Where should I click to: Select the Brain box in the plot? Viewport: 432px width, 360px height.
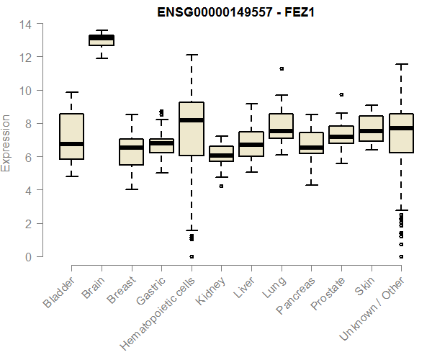point(101,40)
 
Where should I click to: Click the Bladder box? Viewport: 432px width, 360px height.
point(71,136)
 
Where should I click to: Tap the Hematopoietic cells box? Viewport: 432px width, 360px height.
point(191,130)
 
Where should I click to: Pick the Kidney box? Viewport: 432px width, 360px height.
point(221,153)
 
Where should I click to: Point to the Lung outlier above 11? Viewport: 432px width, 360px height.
point(281,69)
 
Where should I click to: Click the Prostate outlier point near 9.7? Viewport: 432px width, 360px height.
point(341,94)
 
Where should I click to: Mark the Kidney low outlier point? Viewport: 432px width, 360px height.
point(221,186)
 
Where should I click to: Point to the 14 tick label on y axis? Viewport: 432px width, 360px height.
point(25,24)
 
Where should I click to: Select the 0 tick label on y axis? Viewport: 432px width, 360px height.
point(28,257)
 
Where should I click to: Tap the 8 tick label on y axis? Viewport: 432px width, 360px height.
point(28,124)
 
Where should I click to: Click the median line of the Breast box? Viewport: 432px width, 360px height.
point(131,148)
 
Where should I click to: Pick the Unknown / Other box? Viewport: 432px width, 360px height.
point(400,133)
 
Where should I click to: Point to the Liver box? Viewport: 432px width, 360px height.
point(251,144)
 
